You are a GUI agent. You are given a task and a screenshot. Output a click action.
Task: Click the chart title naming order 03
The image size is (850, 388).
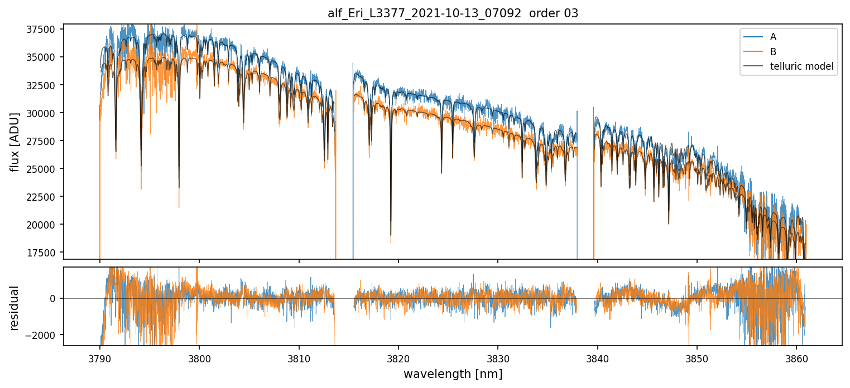click(453, 13)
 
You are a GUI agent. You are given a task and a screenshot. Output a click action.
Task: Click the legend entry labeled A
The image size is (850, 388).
click(773, 37)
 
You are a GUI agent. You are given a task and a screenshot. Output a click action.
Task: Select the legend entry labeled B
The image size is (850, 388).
click(773, 52)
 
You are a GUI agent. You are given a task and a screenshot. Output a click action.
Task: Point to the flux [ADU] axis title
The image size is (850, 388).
click(15, 142)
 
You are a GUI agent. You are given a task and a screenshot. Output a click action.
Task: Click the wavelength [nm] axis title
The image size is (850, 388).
click(453, 374)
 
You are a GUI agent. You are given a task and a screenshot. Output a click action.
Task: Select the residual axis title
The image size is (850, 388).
click(15, 308)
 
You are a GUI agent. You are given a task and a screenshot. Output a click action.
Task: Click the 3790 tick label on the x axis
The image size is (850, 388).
click(99, 357)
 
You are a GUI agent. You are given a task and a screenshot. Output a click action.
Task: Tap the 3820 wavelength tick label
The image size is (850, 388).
click(398, 357)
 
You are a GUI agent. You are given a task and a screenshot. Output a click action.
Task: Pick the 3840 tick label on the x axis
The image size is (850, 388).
click(598, 357)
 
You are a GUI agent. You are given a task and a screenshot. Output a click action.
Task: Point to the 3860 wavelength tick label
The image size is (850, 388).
click(796, 357)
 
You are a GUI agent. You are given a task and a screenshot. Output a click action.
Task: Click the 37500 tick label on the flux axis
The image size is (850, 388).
click(45, 30)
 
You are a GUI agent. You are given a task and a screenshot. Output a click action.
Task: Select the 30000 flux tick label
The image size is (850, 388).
click(45, 113)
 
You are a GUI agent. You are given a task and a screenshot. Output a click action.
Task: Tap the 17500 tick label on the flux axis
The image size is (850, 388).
click(45, 253)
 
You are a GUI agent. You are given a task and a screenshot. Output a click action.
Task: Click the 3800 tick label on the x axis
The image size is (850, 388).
click(199, 357)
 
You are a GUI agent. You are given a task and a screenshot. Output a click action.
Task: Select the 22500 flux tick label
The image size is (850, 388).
click(45, 197)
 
